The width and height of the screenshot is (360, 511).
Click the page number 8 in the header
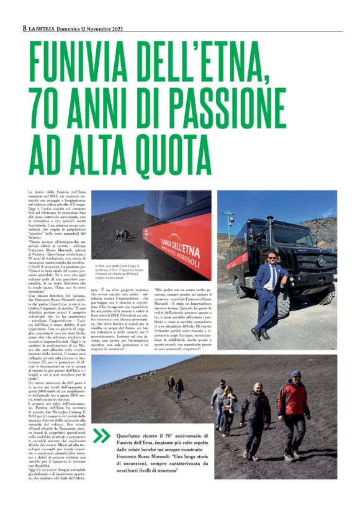click(24, 28)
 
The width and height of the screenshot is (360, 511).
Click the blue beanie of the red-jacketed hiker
click(295, 375)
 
